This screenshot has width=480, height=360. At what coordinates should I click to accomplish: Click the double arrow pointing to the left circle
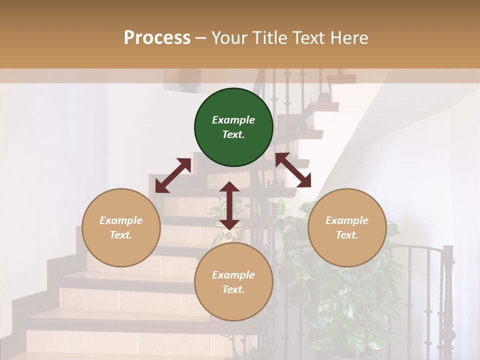[173, 175]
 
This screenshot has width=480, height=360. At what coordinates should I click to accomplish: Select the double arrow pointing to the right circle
[293, 170]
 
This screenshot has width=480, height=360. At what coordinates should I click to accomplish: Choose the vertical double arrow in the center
[229, 205]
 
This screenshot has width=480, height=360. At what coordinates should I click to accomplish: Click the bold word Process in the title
[157, 37]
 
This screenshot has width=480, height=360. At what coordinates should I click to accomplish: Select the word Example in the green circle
[233, 120]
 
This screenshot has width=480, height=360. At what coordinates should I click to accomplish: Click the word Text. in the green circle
[233, 134]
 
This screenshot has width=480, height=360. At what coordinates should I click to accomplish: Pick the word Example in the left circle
[121, 220]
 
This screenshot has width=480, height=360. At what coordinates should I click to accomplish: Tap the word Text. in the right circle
[347, 235]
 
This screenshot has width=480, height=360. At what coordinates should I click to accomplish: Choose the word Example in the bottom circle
[233, 275]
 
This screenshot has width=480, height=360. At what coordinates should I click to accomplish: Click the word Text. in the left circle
[121, 235]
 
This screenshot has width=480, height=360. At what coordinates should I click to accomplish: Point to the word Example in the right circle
[347, 220]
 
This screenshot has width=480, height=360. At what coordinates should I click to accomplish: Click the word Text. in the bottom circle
[233, 289]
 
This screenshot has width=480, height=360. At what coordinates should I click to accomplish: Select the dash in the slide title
[200, 38]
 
